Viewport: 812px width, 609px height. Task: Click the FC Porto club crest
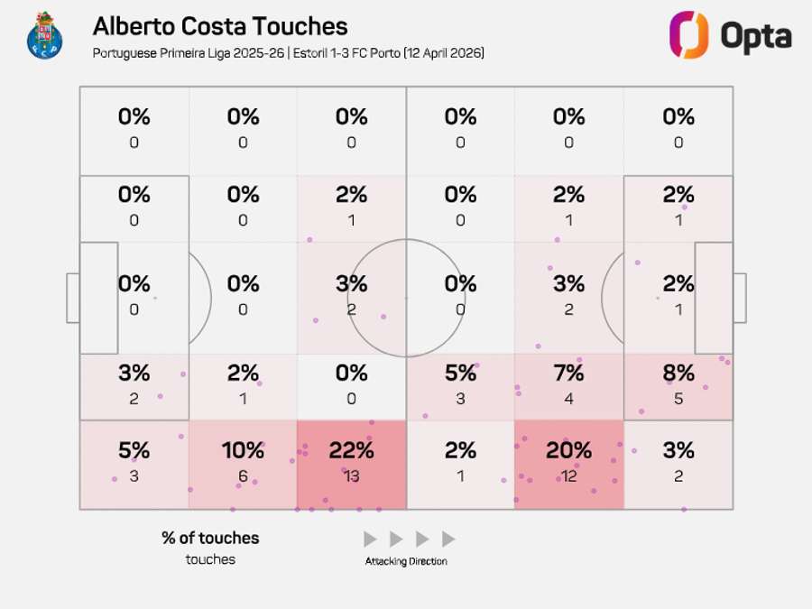(x=44, y=36)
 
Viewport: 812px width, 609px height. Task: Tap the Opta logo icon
(x=688, y=35)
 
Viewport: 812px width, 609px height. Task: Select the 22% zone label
(x=351, y=449)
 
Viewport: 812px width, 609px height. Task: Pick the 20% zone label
(x=568, y=449)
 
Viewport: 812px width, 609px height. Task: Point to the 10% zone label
(x=243, y=449)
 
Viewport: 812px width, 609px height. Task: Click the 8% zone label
(x=678, y=373)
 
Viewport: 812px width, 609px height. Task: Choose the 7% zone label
(x=568, y=373)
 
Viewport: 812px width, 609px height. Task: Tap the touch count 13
(x=351, y=475)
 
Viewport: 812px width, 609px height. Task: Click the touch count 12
(x=568, y=475)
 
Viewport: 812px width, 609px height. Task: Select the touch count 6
(x=243, y=475)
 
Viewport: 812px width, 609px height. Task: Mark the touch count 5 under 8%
(x=678, y=399)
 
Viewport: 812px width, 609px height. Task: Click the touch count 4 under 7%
(x=568, y=399)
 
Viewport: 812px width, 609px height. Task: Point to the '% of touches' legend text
(x=210, y=538)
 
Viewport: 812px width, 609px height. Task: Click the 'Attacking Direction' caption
(x=406, y=561)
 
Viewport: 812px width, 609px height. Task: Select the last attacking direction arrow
(x=448, y=540)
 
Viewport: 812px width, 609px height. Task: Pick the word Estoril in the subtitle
(x=317, y=53)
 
